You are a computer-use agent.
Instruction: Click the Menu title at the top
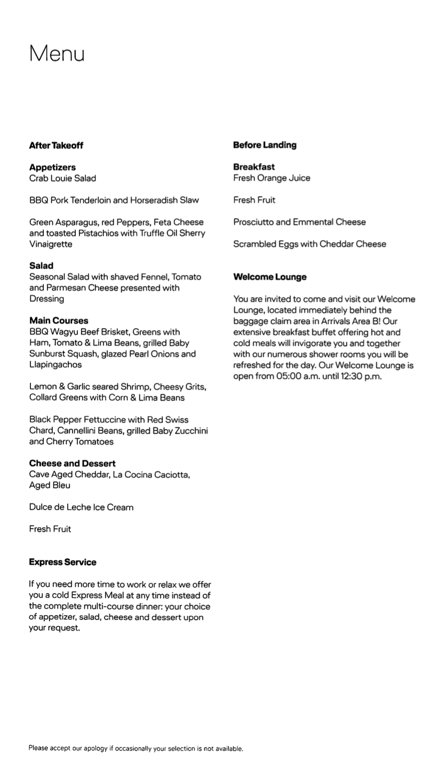(x=57, y=53)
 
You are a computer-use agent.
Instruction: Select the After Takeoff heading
(x=56, y=145)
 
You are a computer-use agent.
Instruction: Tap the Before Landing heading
(x=265, y=145)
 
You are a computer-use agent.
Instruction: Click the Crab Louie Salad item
(x=62, y=178)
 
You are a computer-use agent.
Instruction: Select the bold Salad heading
(x=41, y=266)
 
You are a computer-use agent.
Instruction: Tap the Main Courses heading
(x=59, y=321)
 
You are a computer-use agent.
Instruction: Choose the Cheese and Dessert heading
(x=72, y=463)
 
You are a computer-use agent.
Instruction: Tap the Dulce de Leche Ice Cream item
(x=81, y=507)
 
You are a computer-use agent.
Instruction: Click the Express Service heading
(x=62, y=562)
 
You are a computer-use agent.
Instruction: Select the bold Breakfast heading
(x=254, y=167)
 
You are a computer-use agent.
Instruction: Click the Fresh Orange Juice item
(x=271, y=178)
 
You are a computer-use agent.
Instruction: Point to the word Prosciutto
(x=253, y=222)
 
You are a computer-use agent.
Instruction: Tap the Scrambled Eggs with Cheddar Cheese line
(x=310, y=244)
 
